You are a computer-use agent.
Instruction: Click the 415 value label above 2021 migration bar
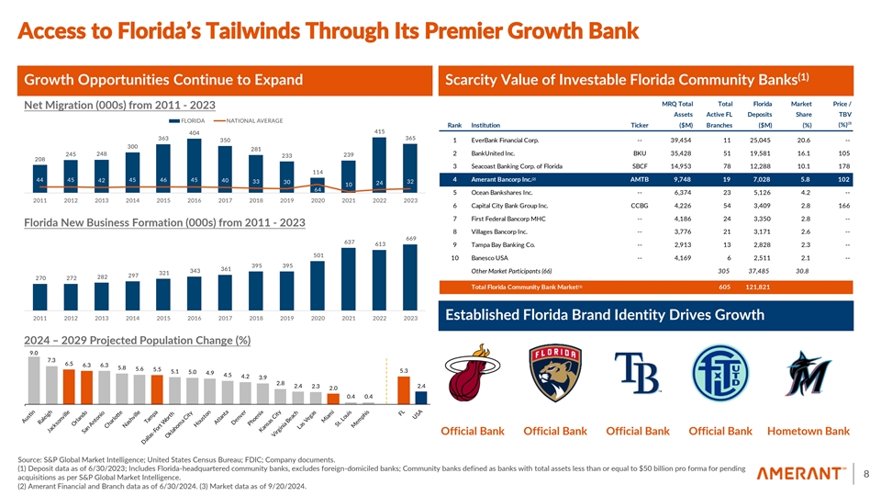tap(380, 131)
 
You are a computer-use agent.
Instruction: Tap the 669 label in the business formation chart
tap(410, 239)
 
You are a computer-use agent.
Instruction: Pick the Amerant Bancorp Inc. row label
tap(509, 179)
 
